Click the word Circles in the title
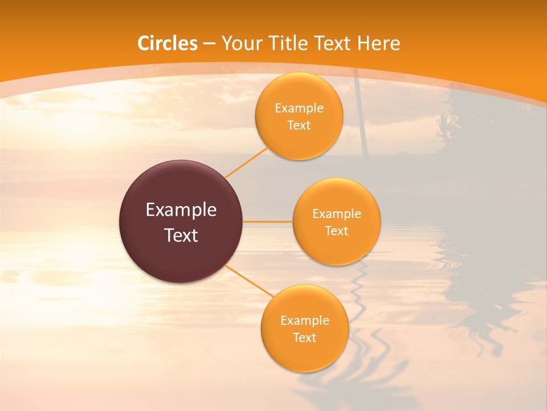168,43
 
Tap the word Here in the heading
378,43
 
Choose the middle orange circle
336,251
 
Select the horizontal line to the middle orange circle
268,221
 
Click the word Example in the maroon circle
181,210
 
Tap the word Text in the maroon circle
181,235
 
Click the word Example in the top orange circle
299,108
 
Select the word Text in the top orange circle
299,126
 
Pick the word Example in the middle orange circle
337,214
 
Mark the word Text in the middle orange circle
336,231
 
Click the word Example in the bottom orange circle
305,321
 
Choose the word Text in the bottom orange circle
304,338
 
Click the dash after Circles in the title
210,44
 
